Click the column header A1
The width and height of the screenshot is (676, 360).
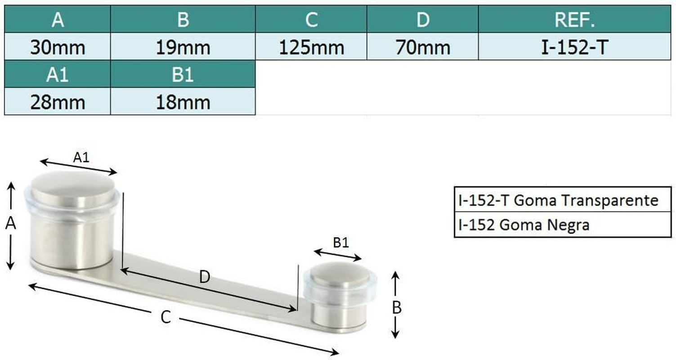[x=57, y=74]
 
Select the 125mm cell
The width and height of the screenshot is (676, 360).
[x=311, y=47]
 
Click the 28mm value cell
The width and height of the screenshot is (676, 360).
[x=57, y=102]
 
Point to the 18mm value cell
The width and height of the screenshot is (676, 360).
[x=183, y=102]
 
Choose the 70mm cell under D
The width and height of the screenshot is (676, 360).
[x=423, y=47]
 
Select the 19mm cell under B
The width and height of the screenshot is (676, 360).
[x=183, y=47]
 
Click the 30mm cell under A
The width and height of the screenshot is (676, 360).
[x=57, y=47]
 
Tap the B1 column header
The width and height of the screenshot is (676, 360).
[x=183, y=74]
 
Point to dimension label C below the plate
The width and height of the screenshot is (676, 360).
[x=166, y=318]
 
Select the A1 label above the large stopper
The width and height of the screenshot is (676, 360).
[x=81, y=157]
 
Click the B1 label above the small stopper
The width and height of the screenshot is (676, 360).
[x=340, y=243]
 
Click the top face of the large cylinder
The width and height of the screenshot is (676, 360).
[x=73, y=189]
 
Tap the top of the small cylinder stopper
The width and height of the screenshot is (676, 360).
[x=340, y=274]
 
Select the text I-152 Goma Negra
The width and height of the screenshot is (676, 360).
[x=523, y=224]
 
